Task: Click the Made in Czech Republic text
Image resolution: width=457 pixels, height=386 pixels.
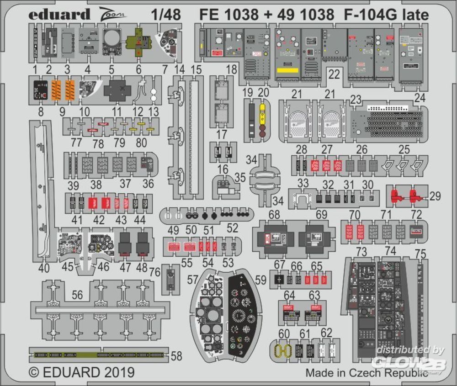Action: click(x=367, y=372)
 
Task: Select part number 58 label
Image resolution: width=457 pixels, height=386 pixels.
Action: click(x=176, y=355)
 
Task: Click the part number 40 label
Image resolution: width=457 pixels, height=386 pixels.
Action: click(x=44, y=269)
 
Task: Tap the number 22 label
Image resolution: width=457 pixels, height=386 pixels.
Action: click(x=334, y=74)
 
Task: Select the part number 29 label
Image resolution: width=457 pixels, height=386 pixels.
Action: click(x=435, y=196)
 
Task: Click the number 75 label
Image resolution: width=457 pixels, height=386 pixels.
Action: click(x=421, y=254)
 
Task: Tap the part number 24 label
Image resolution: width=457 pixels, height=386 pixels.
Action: click(x=420, y=98)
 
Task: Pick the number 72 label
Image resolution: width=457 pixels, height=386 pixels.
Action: click(x=416, y=214)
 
